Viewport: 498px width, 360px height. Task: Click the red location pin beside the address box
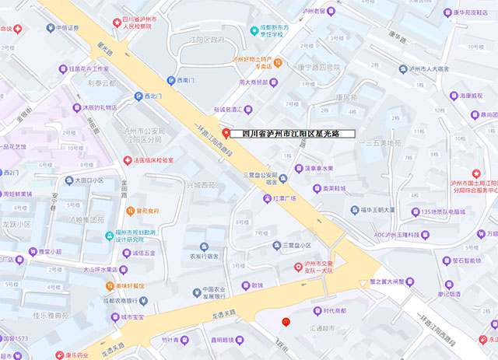226,133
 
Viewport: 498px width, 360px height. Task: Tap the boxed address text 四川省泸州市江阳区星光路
296,134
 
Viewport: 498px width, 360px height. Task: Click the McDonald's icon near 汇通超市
286,321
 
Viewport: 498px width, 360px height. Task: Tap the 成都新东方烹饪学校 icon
254,30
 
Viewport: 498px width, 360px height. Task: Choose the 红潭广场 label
286,198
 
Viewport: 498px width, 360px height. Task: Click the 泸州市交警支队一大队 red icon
297,267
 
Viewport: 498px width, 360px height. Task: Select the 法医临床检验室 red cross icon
129,160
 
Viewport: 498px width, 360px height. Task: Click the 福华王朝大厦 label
377,210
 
